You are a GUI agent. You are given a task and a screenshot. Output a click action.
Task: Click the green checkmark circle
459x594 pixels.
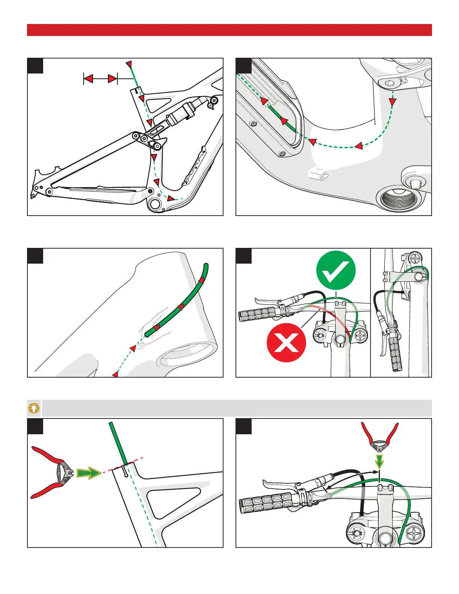pyautogui.click(x=336, y=270)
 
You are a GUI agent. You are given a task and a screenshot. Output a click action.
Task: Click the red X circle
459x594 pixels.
pyautogui.click(x=286, y=342)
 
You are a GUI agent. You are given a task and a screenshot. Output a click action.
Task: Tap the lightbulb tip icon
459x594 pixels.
pyautogui.click(x=34, y=408)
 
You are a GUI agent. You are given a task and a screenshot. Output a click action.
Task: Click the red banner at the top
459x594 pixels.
pyautogui.click(x=229, y=30)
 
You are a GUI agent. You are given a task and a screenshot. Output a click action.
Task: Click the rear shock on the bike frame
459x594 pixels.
pyautogui.click(x=184, y=112)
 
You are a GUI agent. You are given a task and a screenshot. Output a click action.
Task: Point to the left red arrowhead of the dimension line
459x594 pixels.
pyautogui.click(x=88, y=79)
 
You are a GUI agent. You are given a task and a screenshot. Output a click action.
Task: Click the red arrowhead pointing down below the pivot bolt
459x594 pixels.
pyautogui.click(x=393, y=102)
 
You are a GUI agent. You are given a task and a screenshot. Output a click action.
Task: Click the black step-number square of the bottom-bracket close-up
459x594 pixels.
pyautogui.click(x=244, y=66)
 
